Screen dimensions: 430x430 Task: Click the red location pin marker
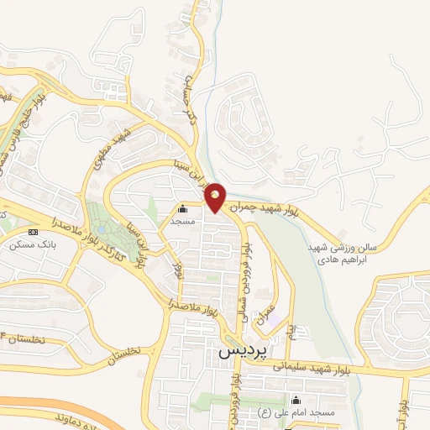pyautogui.click(x=215, y=197)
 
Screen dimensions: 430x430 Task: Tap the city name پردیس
pyautogui.click(x=236, y=353)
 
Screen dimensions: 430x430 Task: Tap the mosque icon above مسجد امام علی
pyautogui.click(x=295, y=401)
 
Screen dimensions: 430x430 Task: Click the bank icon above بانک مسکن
pyautogui.click(x=33, y=232)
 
